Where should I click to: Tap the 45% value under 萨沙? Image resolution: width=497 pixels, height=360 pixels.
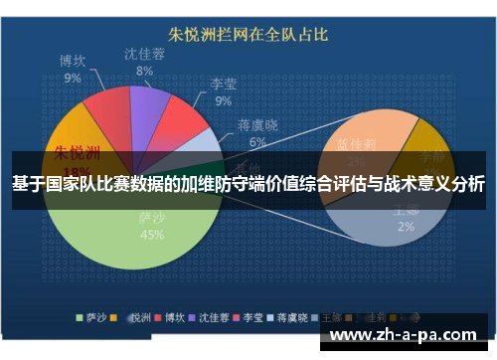(x=152, y=235)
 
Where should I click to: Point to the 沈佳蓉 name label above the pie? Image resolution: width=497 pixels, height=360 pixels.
(x=145, y=54)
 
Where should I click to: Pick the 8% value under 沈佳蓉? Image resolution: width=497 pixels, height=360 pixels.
(x=144, y=71)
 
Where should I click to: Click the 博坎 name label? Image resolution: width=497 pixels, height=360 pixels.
(x=73, y=61)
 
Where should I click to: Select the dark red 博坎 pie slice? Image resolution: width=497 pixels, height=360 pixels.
(x=107, y=109)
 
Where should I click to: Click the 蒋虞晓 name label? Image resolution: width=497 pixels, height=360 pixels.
(x=256, y=126)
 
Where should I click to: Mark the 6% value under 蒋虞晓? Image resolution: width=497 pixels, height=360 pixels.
(x=256, y=142)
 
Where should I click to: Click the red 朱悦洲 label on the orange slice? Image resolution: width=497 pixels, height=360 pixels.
(x=77, y=153)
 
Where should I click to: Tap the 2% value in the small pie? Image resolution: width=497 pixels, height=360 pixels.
(x=406, y=226)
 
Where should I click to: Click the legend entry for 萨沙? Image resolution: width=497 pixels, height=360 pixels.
(x=93, y=320)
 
